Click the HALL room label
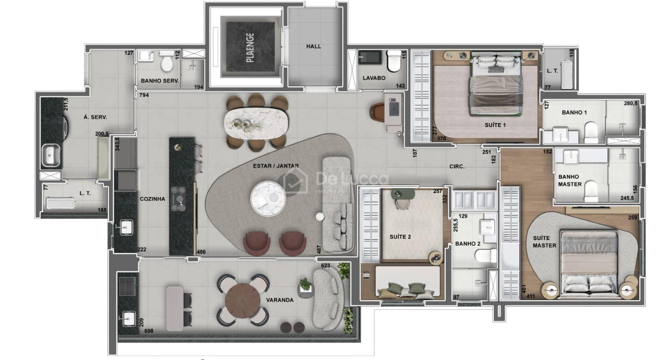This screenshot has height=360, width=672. pyautogui.click(x=314, y=47)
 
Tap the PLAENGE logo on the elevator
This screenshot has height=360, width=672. pyautogui.click(x=250, y=47)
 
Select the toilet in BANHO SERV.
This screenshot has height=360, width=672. pyautogui.click(x=166, y=61)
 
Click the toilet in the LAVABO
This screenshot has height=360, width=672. pyautogui.click(x=393, y=61)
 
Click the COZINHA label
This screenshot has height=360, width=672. pyautogui.click(x=152, y=199)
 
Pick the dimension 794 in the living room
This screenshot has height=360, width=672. pyautogui.click(x=144, y=95)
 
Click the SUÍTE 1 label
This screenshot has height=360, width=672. pyautogui.click(x=495, y=125)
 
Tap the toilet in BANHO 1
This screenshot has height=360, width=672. pyautogui.click(x=591, y=132)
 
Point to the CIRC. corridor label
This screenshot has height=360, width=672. pyautogui.click(x=457, y=167)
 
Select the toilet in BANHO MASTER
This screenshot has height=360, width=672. pyautogui.click(x=591, y=191)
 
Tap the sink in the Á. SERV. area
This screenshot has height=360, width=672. pyautogui.click(x=52, y=155)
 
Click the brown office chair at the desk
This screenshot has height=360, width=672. pyautogui.click(x=378, y=112)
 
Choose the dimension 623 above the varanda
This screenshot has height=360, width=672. pyautogui.click(x=326, y=266)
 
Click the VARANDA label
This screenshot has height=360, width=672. pyautogui.click(x=280, y=300)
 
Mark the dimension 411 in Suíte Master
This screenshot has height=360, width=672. pyautogui.click(x=530, y=296)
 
